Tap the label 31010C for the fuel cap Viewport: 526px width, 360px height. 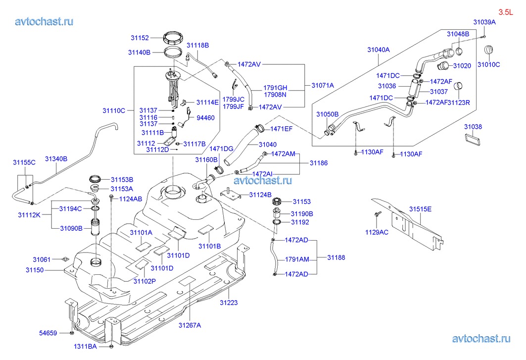(x=488, y=64)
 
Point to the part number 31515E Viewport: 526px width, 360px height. (x=420, y=209)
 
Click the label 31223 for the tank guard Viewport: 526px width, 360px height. (x=228, y=302)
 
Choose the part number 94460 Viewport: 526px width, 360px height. (x=205, y=118)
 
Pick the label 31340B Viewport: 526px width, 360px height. (x=56, y=159)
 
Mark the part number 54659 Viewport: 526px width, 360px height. (x=48, y=333)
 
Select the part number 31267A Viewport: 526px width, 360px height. (x=190, y=325)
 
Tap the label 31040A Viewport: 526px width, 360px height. (x=379, y=50)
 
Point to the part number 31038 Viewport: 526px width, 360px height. (x=473, y=127)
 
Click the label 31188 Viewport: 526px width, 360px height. (x=336, y=257)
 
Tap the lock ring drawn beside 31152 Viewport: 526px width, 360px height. (x=174, y=37)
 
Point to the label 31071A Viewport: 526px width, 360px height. (x=323, y=85)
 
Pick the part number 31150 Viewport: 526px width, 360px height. (x=35, y=270)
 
